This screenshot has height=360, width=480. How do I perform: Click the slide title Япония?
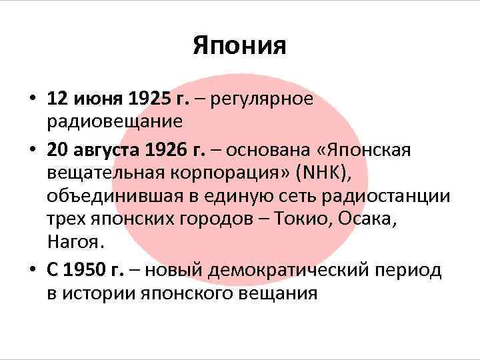(239, 46)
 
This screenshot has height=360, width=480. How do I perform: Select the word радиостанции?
(393, 197)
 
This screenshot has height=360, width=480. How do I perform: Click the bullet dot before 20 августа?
(33, 151)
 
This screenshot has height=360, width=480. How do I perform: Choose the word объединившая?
(110, 197)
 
